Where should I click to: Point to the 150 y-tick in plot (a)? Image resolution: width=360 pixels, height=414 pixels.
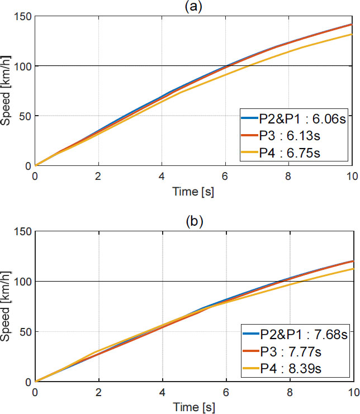[x=22, y=16]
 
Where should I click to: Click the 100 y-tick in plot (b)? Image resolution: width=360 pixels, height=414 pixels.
[x=22, y=281]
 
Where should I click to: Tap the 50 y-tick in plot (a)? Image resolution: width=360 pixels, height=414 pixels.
[x=25, y=116]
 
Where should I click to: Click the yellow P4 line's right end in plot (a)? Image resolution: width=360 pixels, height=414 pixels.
[x=352, y=34]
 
